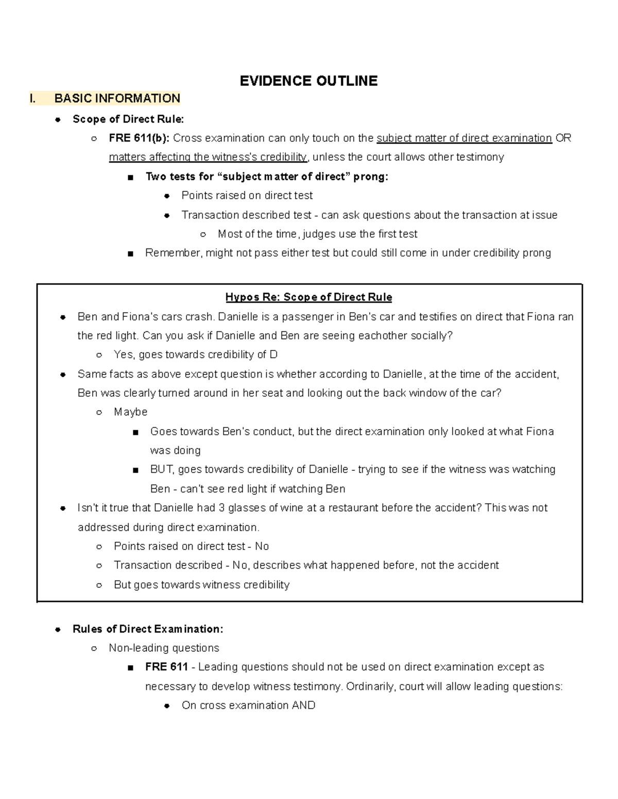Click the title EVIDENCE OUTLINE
point(308,81)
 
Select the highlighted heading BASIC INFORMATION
point(117,98)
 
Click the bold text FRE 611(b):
point(139,138)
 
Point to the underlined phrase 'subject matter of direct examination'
point(464,138)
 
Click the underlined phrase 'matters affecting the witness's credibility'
point(208,157)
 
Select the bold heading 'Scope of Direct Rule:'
point(128,119)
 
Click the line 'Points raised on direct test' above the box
point(247,196)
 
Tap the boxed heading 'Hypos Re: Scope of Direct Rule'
point(308,297)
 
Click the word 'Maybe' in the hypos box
point(130,412)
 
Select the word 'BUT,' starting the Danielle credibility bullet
point(163,469)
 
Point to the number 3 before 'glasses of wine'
point(221,508)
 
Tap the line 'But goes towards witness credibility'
point(201,584)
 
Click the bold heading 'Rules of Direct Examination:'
point(148,629)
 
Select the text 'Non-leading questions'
point(164,648)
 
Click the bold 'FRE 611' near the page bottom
point(166,667)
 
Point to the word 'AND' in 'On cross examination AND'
point(303,705)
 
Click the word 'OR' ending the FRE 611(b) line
point(563,138)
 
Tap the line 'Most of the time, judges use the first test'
point(317,234)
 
